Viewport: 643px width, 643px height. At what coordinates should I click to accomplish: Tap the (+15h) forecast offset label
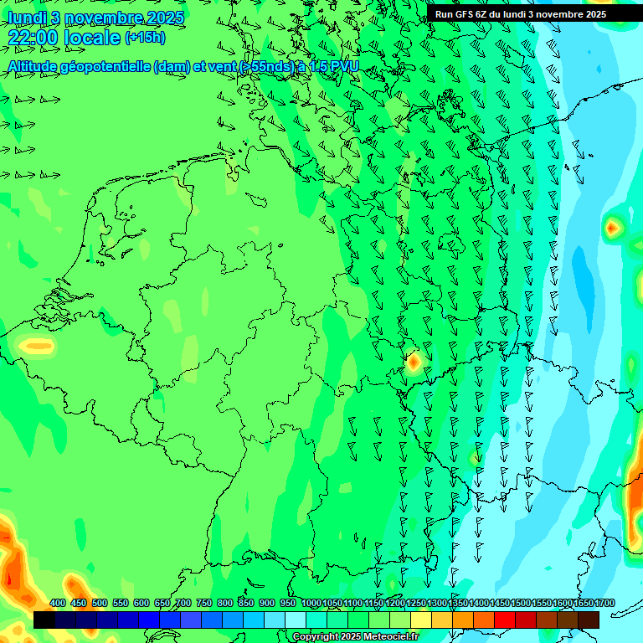(145, 38)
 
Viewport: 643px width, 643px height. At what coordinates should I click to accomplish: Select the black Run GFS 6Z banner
(521, 13)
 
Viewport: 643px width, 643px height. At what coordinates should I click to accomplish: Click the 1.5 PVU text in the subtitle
(333, 67)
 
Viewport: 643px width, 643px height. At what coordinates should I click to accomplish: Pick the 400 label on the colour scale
(58, 603)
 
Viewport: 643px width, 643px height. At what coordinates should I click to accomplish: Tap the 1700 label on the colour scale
(604, 603)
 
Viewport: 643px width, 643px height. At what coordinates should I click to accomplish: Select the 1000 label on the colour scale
(311, 603)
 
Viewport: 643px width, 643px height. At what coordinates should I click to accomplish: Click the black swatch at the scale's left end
(44, 620)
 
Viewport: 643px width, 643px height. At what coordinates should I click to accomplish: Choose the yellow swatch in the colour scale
(421, 620)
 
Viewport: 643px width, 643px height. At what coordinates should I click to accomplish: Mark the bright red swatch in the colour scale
(505, 620)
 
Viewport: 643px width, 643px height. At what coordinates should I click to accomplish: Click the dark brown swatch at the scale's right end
(589, 620)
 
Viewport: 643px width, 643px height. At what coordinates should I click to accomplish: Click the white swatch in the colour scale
(296, 620)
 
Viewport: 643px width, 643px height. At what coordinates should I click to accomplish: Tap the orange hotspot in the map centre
(413, 363)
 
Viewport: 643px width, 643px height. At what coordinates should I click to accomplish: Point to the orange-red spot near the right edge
(612, 226)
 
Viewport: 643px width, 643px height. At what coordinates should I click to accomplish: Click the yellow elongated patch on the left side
(36, 344)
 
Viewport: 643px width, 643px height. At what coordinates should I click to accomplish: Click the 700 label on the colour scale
(183, 603)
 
